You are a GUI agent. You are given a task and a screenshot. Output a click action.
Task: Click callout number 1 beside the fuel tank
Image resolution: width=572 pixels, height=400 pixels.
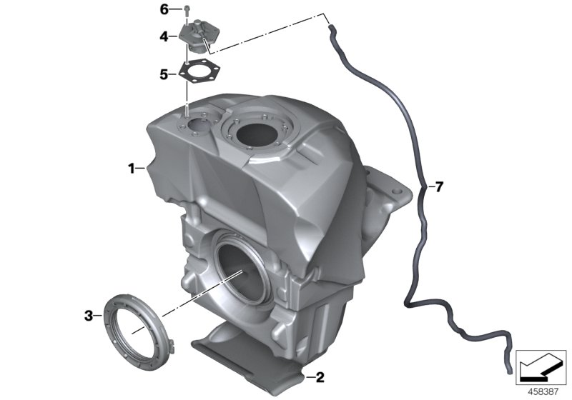pos(132,169)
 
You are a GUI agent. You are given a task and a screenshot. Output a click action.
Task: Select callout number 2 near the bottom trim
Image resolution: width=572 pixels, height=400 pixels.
pos(320,376)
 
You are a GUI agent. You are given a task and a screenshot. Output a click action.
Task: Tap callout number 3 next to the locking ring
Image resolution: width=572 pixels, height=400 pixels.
pos(89,314)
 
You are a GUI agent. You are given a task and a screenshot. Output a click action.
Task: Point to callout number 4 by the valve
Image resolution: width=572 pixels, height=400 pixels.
pos(164,36)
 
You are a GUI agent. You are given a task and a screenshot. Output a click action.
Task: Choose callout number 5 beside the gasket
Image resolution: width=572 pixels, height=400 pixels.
pos(164,73)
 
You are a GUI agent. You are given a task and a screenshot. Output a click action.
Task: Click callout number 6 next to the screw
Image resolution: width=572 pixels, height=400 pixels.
pos(164,9)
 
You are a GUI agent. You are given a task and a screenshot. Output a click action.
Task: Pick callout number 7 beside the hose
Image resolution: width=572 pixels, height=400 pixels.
pos(439,187)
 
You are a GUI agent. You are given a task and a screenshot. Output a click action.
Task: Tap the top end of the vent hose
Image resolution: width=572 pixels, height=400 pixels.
pos(332,29)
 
